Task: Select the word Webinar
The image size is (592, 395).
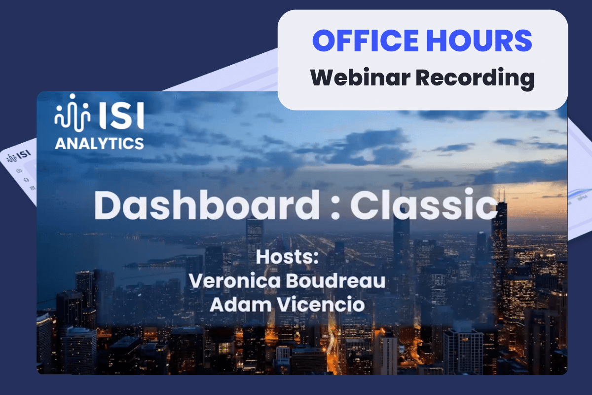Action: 360,78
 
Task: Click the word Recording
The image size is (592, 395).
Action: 475,79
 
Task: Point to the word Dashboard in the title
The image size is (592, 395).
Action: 207,205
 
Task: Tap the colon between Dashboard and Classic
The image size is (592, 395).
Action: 335,209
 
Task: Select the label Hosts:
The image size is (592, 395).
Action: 287,257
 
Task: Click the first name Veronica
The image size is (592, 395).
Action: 235,280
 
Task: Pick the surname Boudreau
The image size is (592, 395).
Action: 335,280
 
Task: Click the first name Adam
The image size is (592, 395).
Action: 241,304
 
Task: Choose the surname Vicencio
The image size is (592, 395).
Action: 321,304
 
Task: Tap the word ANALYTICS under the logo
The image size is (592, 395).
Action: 99,143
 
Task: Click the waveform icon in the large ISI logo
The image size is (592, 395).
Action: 73,113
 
